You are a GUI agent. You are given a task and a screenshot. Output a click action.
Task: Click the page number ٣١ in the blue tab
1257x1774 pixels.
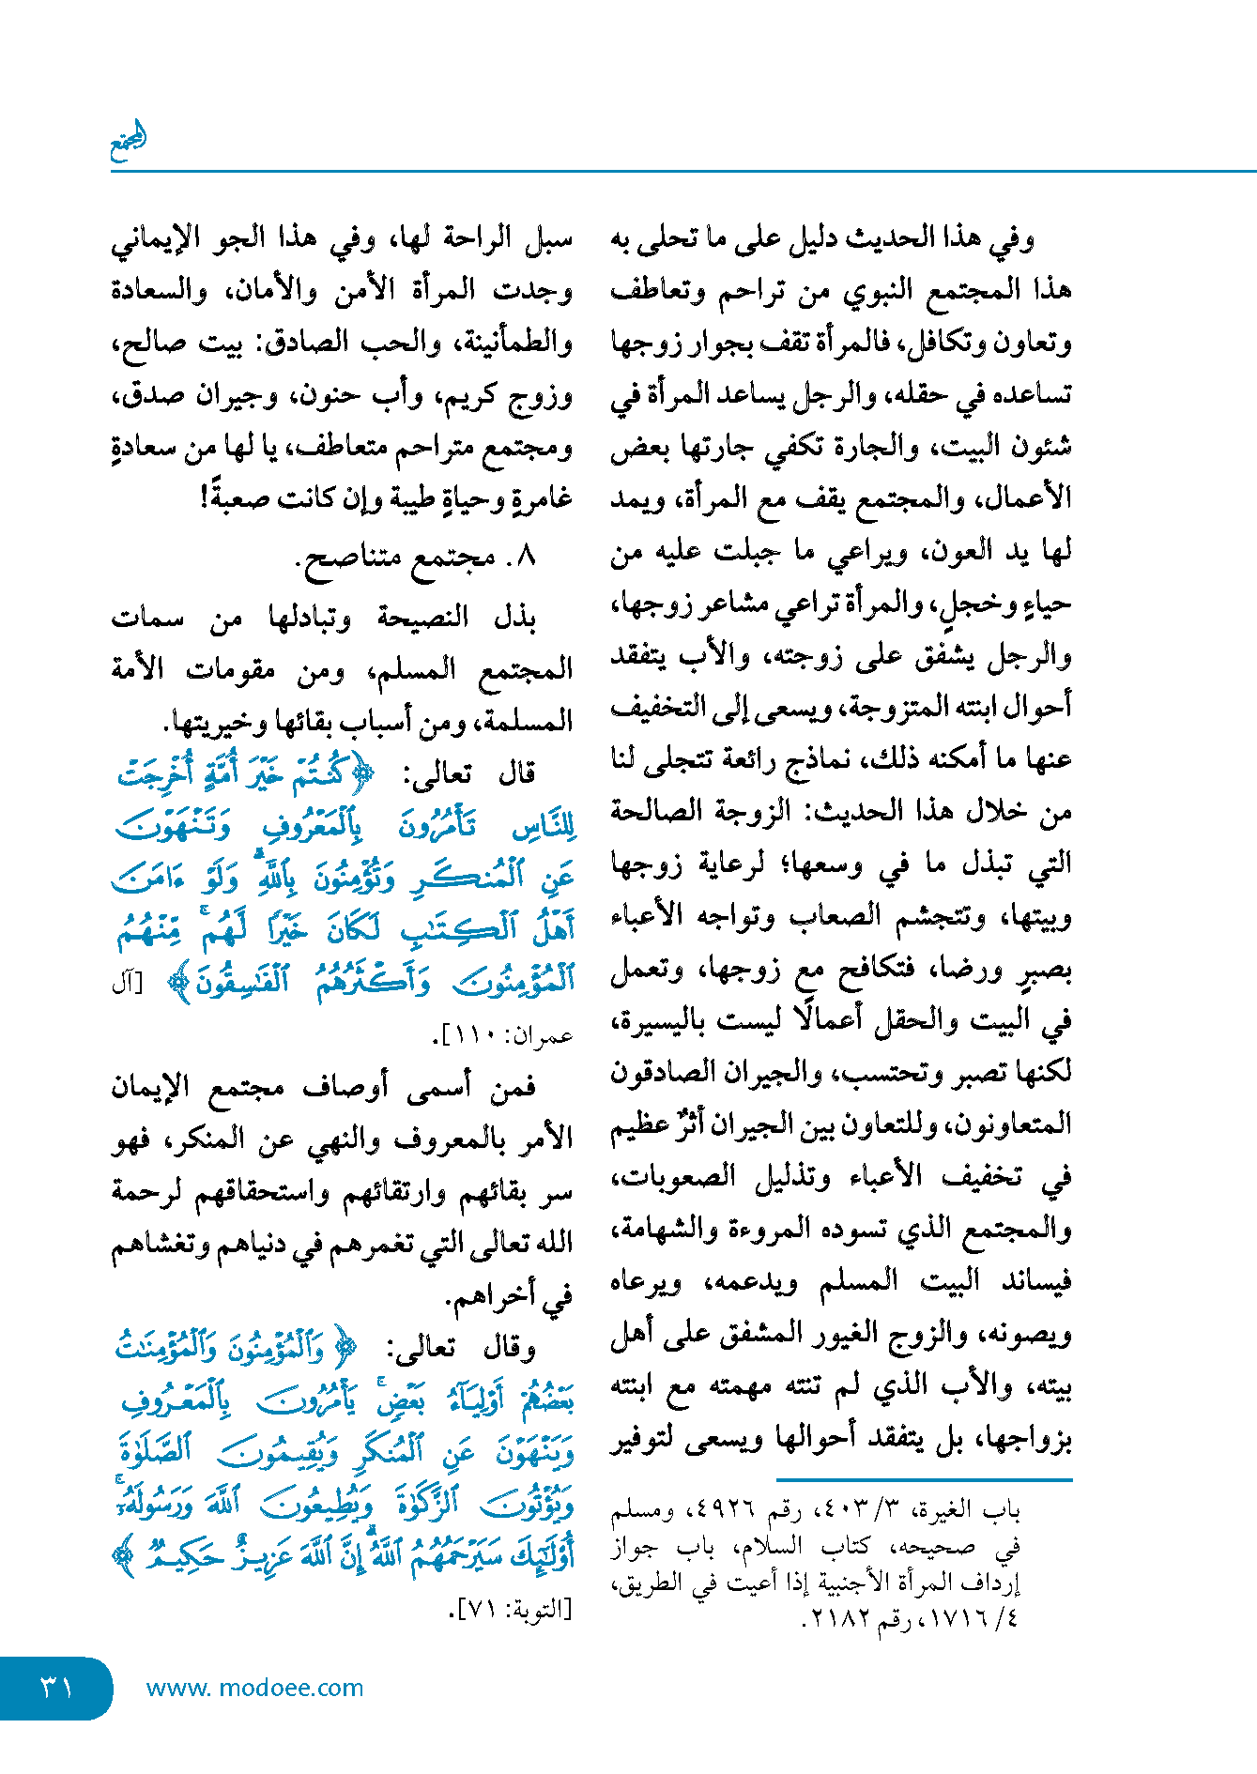pos(56,1688)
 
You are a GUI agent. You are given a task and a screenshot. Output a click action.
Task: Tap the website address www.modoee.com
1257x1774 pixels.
pos(254,1688)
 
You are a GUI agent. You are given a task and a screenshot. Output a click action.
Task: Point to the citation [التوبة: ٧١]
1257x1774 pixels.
pos(511,1609)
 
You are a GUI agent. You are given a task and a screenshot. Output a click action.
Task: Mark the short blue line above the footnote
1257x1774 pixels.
pos(924,1480)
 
